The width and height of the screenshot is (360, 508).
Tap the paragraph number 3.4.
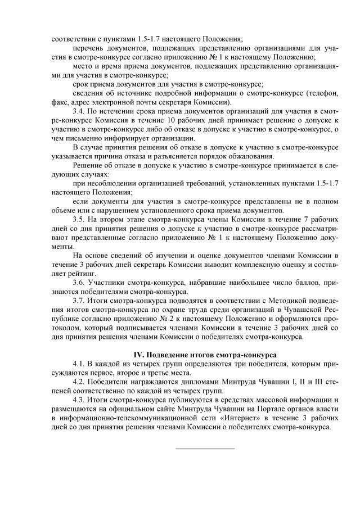coord(79,112)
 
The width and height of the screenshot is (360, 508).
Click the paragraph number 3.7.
coord(79,300)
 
